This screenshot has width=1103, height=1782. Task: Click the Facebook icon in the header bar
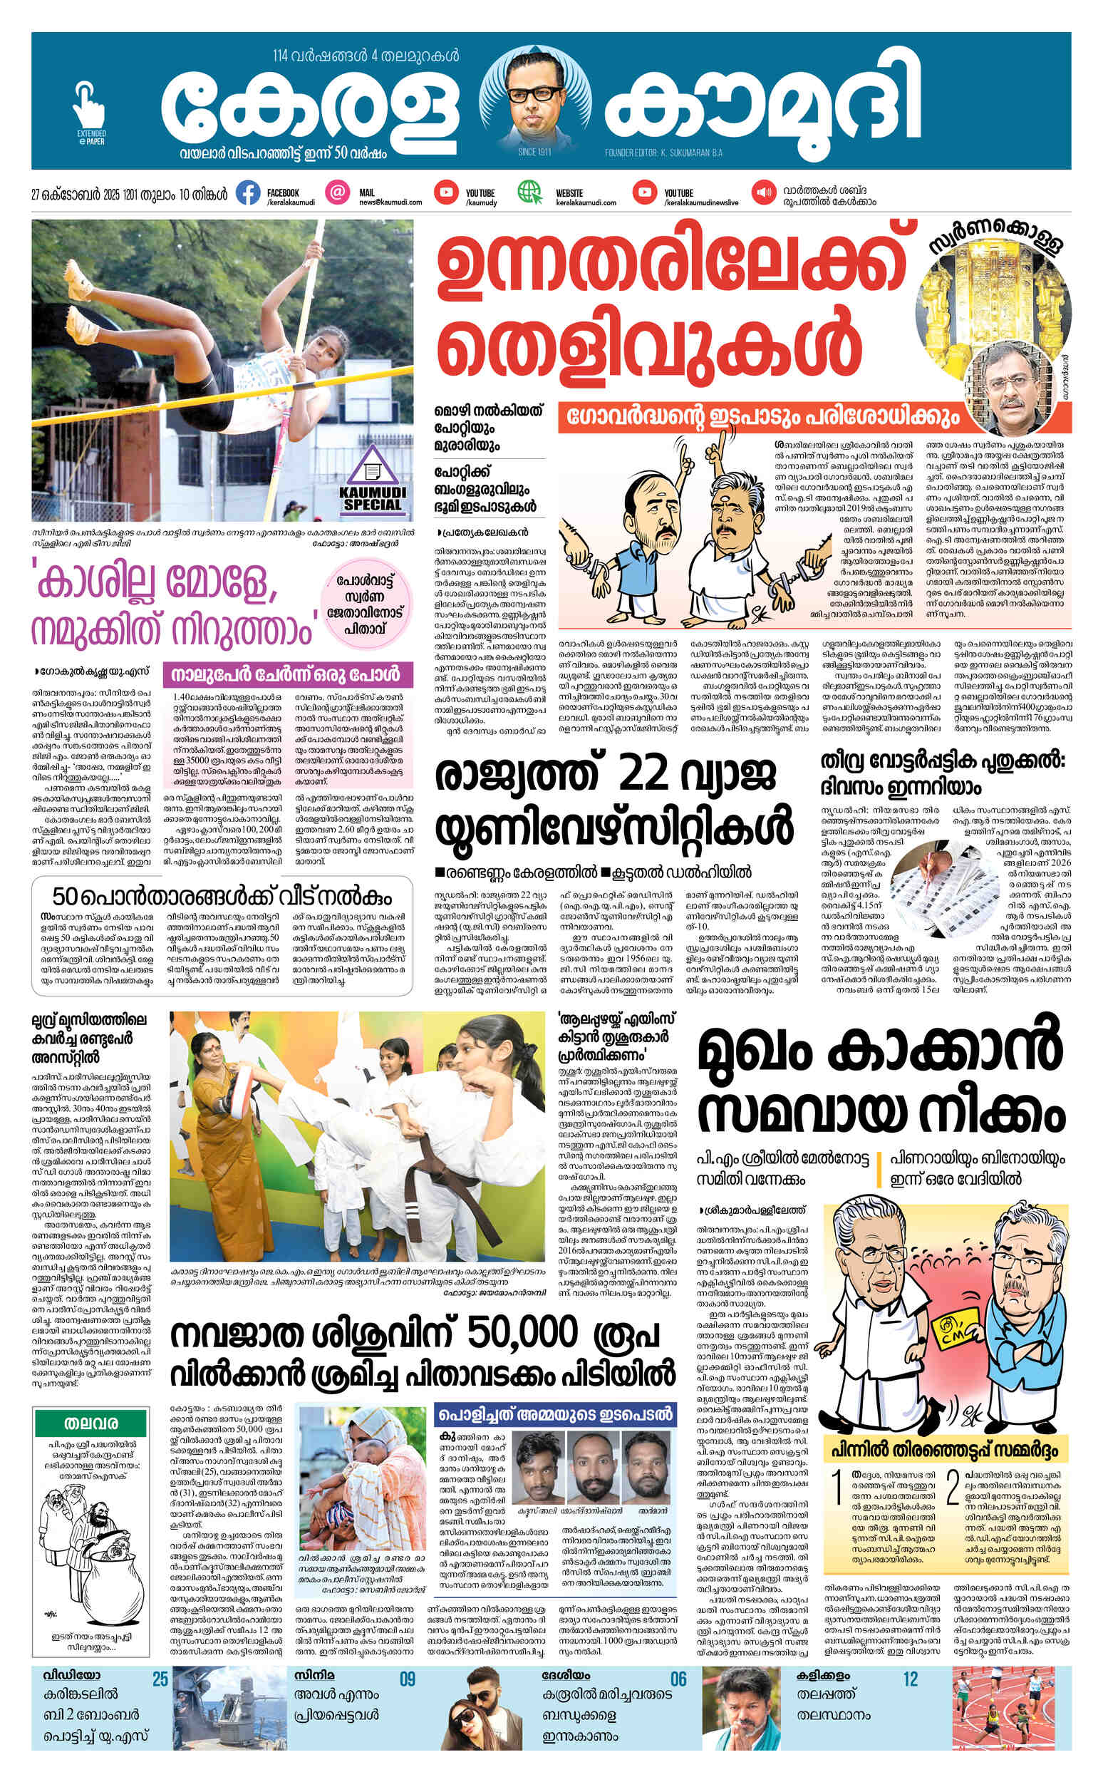tap(248, 194)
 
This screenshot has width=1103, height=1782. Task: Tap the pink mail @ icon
tap(337, 193)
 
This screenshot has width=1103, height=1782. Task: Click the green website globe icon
tap(529, 193)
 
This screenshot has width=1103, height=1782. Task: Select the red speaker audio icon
tap(765, 193)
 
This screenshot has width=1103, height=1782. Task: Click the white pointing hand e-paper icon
tap(88, 106)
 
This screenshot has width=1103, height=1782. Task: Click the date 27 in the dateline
tap(36, 195)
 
